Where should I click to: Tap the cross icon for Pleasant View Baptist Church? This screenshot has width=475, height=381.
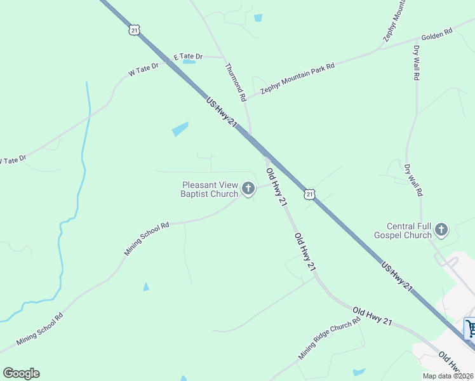pos(248,189)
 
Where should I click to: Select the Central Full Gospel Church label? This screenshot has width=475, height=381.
pos(410,231)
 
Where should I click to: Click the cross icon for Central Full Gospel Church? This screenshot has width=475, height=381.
pos(441,230)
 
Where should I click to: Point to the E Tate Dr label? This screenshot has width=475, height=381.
pos(188,57)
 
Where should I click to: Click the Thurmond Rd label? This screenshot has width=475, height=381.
pos(236,83)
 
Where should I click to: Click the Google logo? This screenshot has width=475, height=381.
pos(21,373)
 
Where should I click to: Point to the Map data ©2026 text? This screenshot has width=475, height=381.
pos(448,375)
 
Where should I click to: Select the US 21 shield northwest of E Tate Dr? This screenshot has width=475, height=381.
pos(133,30)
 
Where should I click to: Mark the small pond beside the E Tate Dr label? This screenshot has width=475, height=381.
pos(188,62)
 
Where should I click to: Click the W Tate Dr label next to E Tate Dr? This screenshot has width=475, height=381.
pos(143,69)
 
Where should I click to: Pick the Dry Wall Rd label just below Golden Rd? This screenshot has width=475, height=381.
pos(417,62)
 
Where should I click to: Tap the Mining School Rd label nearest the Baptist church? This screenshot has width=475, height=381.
pos(147,238)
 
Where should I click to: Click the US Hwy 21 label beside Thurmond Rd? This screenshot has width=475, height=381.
pos(222,112)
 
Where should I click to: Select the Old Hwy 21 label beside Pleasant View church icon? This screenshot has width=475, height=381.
pos(277,187)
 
